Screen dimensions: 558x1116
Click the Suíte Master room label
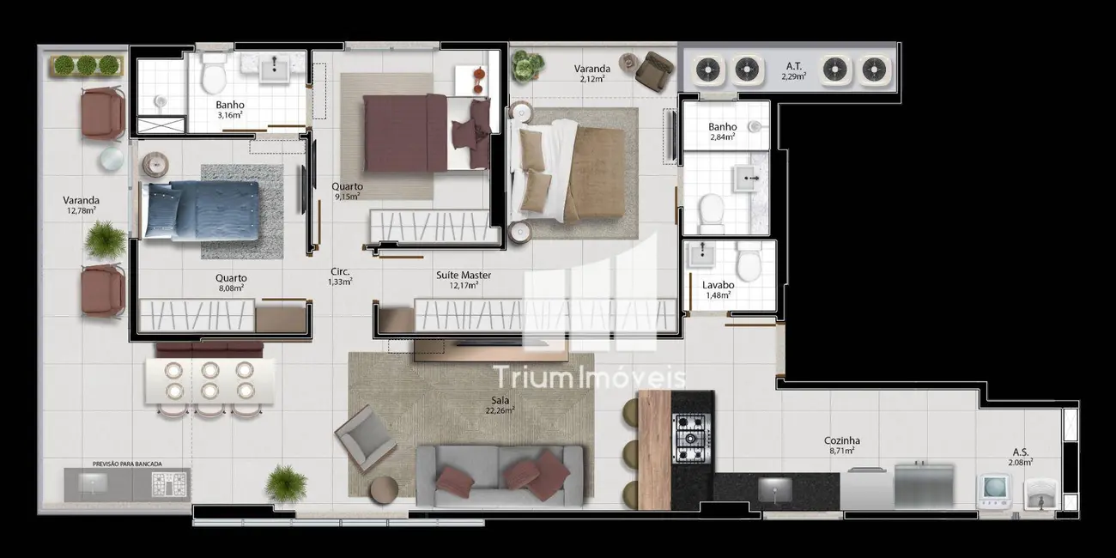point(464,276)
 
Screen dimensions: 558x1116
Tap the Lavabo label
point(718,282)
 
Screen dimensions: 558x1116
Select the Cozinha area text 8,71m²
point(841,451)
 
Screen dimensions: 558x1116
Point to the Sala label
point(499,399)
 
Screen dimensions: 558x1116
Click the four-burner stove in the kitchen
point(692,437)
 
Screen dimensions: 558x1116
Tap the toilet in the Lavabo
point(748,261)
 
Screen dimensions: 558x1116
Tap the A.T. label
point(794,65)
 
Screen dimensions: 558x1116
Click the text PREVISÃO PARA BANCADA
point(127,464)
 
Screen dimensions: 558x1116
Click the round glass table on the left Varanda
point(112,160)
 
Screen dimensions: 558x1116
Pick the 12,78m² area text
point(82,209)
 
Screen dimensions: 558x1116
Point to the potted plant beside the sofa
point(286,483)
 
